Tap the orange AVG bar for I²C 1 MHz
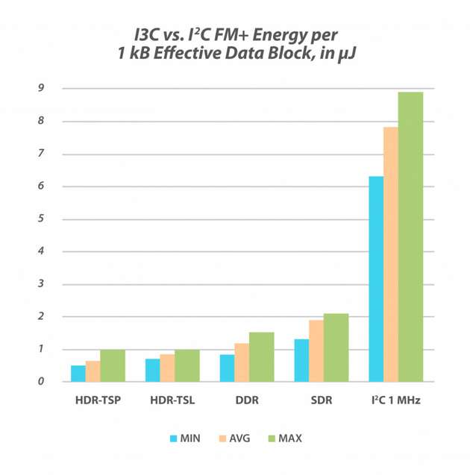tap(390, 254)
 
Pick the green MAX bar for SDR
tap(336, 347)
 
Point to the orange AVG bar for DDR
tap(242, 362)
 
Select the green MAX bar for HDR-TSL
tap(187, 365)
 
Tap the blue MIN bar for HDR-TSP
tap(78, 374)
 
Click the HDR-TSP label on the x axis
tap(97, 400)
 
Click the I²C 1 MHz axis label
tap(395, 400)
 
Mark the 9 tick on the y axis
tap(43, 89)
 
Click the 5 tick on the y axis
tap(43, 219)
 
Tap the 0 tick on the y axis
tap(43, 382)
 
